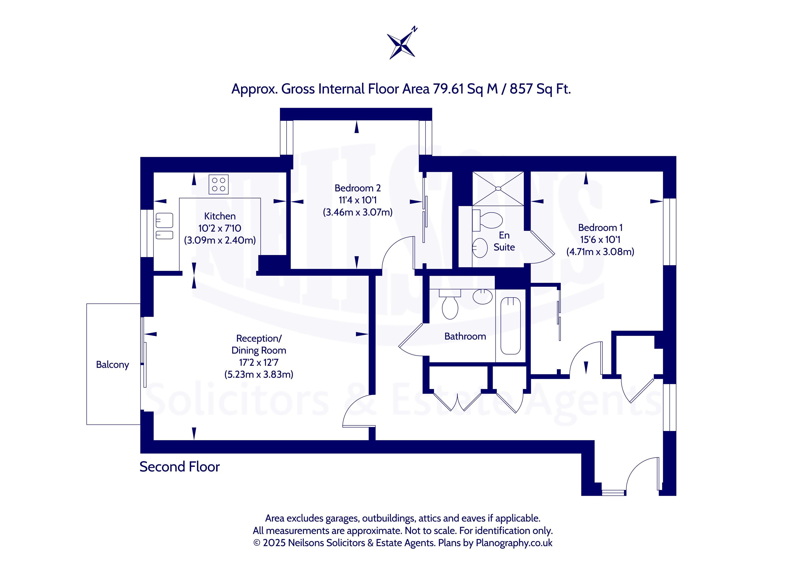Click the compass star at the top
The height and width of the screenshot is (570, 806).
coord(401,45)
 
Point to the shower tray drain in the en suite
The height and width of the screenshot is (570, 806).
coord(498,188)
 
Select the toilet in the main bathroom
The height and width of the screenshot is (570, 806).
coord(450,304)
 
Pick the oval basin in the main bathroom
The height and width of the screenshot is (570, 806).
coord(483,297)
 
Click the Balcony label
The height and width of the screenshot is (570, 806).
coord(112,365)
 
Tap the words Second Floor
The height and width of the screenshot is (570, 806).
coord(179,467)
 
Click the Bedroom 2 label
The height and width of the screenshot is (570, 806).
coord(357,188)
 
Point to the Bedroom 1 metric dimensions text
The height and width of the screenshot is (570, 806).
coord(600,252)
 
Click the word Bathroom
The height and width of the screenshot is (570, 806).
coord(465,336)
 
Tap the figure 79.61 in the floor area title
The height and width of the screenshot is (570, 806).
coord(448,89)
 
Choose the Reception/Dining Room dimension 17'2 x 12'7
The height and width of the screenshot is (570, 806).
coord(259,362)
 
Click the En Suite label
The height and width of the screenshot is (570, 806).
coord(504,241)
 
